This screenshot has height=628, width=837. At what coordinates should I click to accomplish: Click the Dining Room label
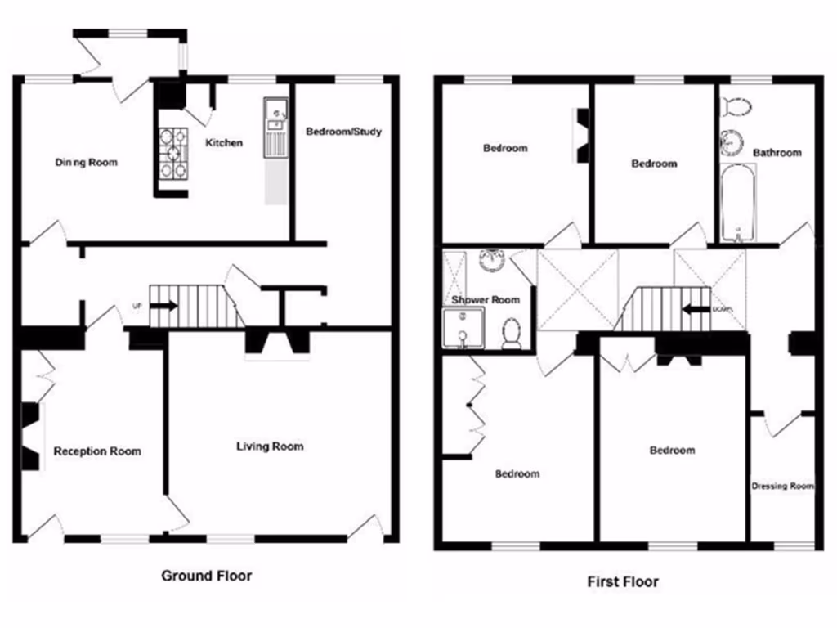pyautogui.click(x=86, y=162)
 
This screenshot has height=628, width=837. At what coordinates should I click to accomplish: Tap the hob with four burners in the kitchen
pyautogui.click(x=172, y=153)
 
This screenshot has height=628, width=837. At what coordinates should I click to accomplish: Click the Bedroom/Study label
pyautogui.click(x=343, y=131)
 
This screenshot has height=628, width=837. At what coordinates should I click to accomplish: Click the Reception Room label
pyautogui.click(x=96, y=451)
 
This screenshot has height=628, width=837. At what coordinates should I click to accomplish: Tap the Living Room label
pyautogui.click(x=270, y=446)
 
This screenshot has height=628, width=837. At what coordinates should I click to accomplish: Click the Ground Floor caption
pyautogui.click(x=206, y=576)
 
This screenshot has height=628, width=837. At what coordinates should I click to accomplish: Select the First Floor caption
pyautogui.click(x=622, y=582)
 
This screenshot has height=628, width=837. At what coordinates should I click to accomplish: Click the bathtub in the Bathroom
pyautogui.click(x=738, y=201)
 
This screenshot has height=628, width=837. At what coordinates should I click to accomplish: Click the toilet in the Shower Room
pyautogui.click(x=512, y=334)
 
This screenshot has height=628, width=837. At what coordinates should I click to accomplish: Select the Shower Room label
pyautogui.click(x=486, y=300)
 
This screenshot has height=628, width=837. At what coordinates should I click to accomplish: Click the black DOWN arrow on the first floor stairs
pyautogui.click(x=696, y=310)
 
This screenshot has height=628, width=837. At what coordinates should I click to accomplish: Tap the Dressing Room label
pyautogui.click(x=782, y=486)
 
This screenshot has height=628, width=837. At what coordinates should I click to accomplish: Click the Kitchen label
pyautogui.click(x=223, y=142)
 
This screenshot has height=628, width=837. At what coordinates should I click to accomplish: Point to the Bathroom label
pyautogui.click(x=777, y=152)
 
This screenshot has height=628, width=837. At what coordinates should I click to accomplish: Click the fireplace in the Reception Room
pyautogui.click(x=30, y=436)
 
